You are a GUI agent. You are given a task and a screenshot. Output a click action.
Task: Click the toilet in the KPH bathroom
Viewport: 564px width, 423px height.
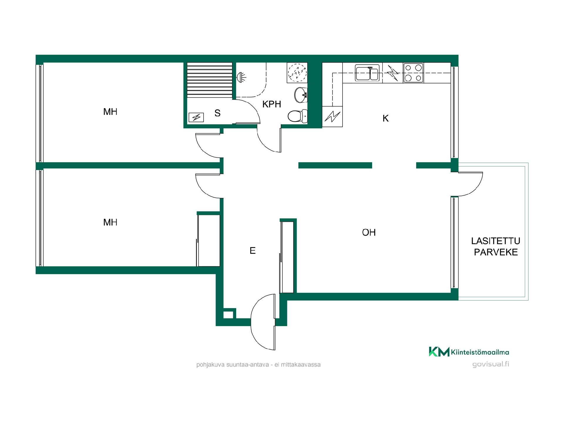click(297, 116)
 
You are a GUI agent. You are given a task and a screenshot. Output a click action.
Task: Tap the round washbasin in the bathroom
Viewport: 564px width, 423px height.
click(301, 95)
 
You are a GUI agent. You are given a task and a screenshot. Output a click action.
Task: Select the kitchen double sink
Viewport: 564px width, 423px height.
click(367, 73)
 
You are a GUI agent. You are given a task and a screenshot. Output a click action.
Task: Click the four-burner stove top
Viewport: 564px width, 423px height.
click(413, 73)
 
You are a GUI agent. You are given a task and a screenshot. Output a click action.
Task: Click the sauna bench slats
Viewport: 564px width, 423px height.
click(210, 80)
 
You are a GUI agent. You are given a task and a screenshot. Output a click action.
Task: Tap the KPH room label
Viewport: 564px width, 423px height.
click(272, 104)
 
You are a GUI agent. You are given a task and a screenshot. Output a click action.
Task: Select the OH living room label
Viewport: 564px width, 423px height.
click(369, 232)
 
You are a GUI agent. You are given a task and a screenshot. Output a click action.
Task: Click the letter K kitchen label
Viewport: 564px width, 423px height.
click(386, 118)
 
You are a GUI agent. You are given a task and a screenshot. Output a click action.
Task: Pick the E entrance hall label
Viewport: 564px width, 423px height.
click(253, 251)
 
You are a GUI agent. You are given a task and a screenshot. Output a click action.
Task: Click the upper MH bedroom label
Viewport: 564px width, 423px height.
click(110, 112)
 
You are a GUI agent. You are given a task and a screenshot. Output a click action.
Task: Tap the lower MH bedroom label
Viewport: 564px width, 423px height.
click(110, 222)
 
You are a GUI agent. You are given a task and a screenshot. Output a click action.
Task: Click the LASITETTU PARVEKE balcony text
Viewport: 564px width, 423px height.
click(496, 246)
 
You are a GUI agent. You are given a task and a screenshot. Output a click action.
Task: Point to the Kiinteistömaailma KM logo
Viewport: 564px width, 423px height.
click(469, 352)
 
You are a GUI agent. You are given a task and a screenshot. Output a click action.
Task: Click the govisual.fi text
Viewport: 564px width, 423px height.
click(491, 364)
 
